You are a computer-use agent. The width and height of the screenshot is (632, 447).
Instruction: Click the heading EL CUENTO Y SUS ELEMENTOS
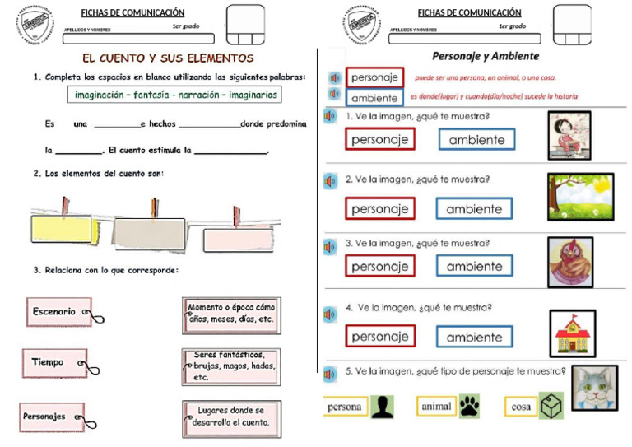169,58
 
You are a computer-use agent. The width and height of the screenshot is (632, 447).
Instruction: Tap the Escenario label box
56,311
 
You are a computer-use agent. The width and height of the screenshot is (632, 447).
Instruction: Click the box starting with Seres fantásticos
231,366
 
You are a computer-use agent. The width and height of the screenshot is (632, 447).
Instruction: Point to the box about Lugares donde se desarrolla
231,419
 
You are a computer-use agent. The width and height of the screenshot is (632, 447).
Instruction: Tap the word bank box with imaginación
174,95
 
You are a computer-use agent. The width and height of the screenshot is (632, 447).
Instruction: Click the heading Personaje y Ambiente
486,56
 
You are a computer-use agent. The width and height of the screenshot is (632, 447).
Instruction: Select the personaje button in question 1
379,139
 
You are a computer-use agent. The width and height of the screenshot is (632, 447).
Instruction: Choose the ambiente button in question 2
474,209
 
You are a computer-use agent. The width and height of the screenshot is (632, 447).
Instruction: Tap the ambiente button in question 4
474,337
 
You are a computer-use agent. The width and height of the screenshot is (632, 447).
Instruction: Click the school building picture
572,333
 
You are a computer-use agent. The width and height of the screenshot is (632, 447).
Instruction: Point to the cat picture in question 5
594,388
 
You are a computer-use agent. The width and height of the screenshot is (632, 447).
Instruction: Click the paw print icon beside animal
469,406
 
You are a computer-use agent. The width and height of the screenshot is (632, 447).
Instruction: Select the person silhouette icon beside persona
382,407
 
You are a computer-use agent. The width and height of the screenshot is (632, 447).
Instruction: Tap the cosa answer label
521,407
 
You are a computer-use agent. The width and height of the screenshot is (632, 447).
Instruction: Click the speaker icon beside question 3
330,246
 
